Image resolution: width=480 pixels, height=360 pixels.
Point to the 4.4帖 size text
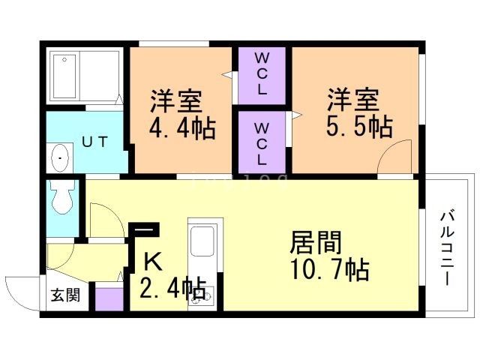click(182, 128)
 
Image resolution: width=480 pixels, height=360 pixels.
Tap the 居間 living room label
click(315, 242)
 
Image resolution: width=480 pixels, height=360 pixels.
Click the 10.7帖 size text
click(328, 268)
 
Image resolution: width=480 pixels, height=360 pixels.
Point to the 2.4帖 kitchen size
click(172, 287)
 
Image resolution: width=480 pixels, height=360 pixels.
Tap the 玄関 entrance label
click(65, 295)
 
